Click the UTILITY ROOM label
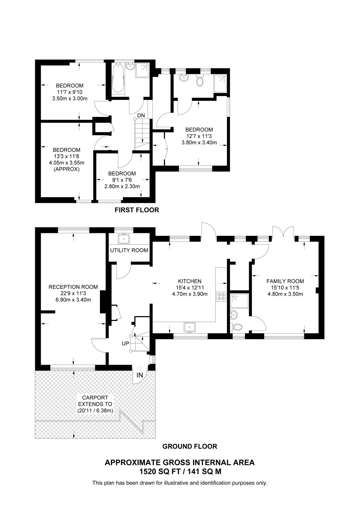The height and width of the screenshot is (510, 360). [x=129, y=250]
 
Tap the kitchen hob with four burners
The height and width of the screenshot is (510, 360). [x=221, y=296]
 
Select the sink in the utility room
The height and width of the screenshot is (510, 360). [x=124, y=239]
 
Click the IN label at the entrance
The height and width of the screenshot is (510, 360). [x=140, y=375]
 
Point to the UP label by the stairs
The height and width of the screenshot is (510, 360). [x=125, y=343]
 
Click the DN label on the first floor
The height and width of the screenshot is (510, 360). [x=141, y=115]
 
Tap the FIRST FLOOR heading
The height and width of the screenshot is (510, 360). [x=137, y=210]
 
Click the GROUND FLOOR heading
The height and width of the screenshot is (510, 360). [x=190, y=446]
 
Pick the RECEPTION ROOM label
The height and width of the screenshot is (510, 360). [x=73, y=287]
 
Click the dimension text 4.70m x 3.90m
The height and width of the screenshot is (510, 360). [x=190, y=294]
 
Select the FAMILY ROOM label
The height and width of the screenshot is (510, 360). [x=285, y=281]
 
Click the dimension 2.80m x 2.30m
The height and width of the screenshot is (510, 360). [x=122, y=187]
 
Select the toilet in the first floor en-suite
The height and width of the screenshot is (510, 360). [x=200, y=82]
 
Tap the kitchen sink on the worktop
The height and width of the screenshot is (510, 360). [x=189, y=327]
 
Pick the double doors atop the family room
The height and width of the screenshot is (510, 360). [x=283, y=232]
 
